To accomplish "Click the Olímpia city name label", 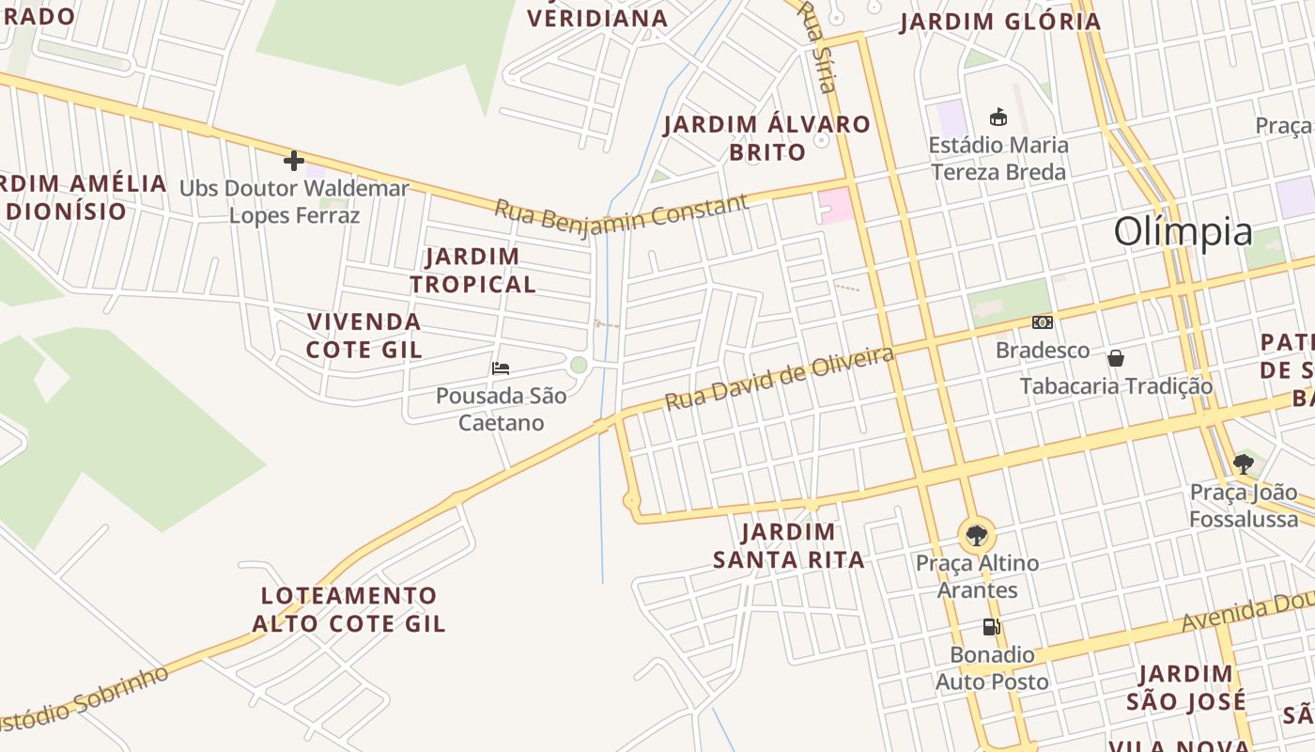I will point(1183,231).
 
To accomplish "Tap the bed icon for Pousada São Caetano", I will point(501,368).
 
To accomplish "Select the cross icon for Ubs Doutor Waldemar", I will point(294,161).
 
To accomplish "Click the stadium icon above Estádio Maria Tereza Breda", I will point(998,117).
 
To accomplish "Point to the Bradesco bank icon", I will point(1042,322).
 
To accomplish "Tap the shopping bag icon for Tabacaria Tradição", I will point(1116,358).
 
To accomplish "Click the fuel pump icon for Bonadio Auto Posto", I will point(991,627).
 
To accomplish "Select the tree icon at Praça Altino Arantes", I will point(977,536).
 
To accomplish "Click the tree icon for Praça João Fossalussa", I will point(1244,463).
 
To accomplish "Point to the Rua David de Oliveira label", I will point(779,378).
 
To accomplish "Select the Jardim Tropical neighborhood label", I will point(472,270).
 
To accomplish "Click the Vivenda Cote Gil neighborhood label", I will point(364,336).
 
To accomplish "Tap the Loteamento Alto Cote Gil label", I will point(348,609).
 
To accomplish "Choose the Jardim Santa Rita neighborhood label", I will point(789,546).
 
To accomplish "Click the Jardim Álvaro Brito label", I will point(767,138).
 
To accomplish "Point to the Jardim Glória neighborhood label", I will point(999,22).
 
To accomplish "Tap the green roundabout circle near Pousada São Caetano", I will point(579,365).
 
